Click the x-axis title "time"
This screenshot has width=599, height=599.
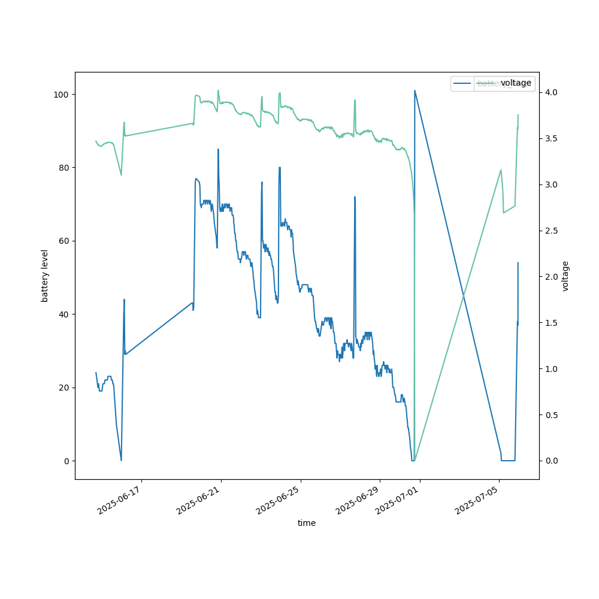tap(307, 523)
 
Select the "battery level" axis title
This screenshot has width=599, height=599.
tap(45, 276)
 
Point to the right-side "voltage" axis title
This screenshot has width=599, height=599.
tap(565, 276)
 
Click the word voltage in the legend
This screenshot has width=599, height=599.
tap(516, 83)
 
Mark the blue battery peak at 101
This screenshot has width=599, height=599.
tap(415, 90)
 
